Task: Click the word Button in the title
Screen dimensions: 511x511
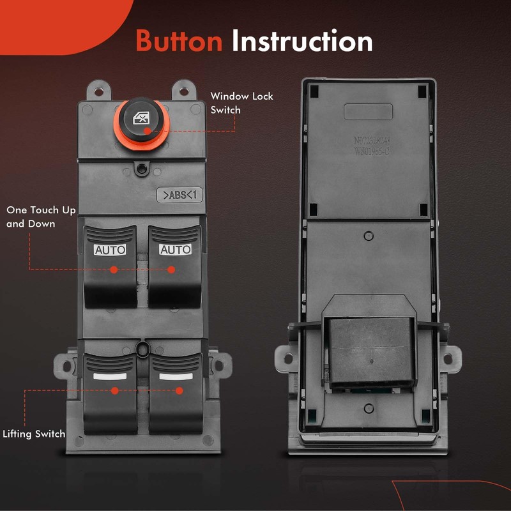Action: (x=179, y=41)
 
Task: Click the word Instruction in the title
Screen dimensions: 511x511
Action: (x=302, y=41)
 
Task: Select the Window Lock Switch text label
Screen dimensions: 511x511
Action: (x=241, y=103)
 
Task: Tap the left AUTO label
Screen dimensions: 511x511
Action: (x=110, y=250)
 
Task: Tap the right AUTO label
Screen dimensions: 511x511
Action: (x=175, y=250)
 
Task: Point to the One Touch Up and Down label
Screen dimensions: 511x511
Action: (x=40, y=217)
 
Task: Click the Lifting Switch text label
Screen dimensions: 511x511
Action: (x=34, y=434)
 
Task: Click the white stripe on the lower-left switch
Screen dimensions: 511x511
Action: (x=109, y=376)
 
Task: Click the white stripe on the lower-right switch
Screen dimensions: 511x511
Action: (x=176, y=376)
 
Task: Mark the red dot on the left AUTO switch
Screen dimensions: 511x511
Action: (x=114, y=270)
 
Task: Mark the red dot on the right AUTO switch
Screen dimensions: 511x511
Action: (x=171, y=270)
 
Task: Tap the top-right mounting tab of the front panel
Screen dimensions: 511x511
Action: (x=183, y=90)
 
